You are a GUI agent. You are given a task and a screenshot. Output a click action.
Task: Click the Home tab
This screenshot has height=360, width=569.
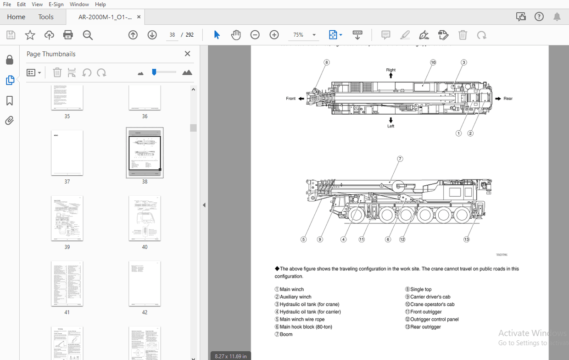click(16, 17)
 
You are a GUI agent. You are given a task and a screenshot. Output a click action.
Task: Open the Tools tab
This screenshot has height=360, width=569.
click(46, 17)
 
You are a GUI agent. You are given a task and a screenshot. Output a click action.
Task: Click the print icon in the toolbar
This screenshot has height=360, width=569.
click(68, 35)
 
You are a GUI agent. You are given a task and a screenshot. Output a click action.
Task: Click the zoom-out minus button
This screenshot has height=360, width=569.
click(255, 35)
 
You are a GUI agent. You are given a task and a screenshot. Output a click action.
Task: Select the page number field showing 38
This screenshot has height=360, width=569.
click(172, 35)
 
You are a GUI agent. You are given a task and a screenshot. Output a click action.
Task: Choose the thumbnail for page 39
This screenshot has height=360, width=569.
click(67, 218)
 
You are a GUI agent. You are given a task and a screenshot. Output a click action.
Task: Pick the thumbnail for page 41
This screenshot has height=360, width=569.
click(67, 284)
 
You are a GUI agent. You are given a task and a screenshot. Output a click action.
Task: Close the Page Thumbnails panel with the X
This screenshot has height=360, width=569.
click(187, 54)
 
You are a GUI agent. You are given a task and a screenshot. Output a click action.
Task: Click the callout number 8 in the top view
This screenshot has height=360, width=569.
click(327, 62)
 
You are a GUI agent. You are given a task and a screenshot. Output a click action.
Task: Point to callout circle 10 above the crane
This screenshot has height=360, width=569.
click(433, 62)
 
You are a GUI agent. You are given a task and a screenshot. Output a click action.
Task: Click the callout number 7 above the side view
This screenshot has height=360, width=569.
click(400, 159)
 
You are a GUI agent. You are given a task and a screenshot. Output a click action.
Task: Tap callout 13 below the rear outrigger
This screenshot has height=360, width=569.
click(467, 239)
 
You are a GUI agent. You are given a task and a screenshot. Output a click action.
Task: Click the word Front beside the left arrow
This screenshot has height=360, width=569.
click(291, 99)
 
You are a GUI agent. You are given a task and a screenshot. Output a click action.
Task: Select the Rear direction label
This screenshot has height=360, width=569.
click(508, 99)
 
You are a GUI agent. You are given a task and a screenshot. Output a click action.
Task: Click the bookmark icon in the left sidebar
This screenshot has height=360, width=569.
click(10, 101)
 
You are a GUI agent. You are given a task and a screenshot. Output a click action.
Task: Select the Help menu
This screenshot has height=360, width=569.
click(100, 4)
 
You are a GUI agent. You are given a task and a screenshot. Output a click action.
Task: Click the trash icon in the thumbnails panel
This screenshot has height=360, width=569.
click(57, 72)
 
